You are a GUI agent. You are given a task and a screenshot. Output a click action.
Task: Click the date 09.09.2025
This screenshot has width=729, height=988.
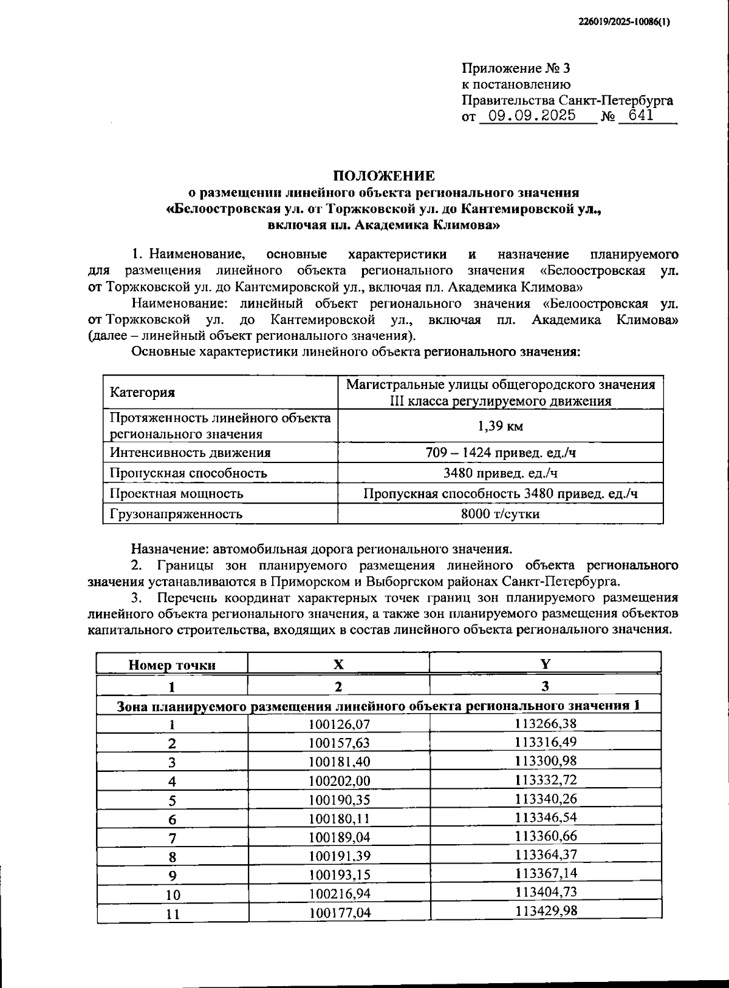[532, 115]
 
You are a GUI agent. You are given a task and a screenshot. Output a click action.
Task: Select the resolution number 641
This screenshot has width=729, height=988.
[641, 115]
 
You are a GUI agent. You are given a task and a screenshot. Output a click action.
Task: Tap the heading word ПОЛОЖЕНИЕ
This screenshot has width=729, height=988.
[383, 176]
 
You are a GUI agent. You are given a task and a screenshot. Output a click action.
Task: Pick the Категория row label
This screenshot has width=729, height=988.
[142, 393]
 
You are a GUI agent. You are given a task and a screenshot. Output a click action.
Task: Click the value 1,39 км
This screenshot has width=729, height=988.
[500, 426]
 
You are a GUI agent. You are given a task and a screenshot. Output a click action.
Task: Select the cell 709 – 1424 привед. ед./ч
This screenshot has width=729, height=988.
[500, 452]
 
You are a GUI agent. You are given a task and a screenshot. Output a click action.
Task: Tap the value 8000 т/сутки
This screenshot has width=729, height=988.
[500, 514]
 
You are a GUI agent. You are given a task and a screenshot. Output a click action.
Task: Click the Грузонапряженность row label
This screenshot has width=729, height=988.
[176, 514]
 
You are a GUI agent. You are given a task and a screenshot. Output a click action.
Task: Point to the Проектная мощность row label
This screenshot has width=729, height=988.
[176, 493]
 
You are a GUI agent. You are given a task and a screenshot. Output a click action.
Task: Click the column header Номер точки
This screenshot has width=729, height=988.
[172, 665]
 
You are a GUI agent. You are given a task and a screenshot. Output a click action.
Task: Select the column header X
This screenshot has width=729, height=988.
[338, 664]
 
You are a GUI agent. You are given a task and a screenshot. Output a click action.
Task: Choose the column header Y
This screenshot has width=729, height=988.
[545, 663]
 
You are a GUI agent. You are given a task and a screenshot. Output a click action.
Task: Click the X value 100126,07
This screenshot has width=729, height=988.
[339, 724]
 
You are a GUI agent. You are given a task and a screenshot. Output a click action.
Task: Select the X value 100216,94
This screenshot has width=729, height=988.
[339, 893]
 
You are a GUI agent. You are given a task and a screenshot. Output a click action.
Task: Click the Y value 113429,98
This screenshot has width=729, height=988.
[546, 910]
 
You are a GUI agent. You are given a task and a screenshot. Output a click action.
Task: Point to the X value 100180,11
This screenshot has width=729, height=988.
[339, 818]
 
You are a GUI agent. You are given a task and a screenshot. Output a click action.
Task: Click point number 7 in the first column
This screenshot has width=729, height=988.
[173, 838]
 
